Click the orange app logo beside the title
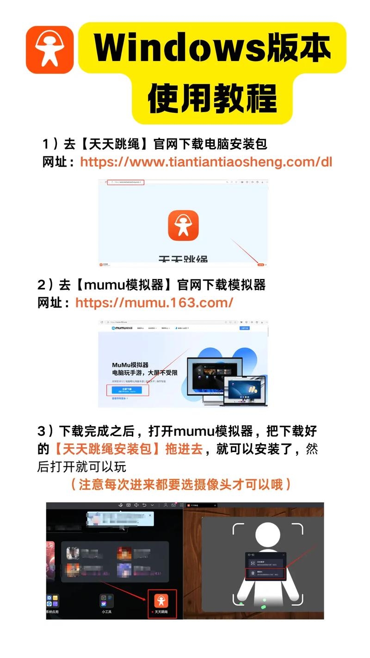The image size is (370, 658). pos(49,50)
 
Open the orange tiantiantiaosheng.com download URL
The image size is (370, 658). pos(206,162)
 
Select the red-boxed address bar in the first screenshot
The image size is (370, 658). pos(126,182)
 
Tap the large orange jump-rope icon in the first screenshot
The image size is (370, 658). pos(183,225)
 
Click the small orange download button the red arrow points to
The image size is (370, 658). pos(261,265)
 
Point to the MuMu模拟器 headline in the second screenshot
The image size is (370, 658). pos(130,365)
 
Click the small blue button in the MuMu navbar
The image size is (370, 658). pos(244,328)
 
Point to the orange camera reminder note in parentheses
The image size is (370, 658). pos(181,484)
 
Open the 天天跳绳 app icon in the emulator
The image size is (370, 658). pos(161,601)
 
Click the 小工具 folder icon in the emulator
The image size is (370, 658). pos(107,601)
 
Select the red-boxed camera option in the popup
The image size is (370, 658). pos(265,573)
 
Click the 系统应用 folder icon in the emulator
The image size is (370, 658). pos(52,601)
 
